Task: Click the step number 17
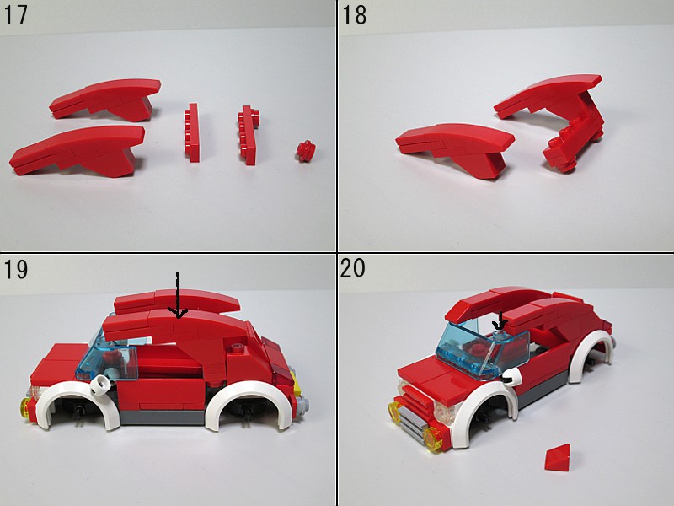[15, 14]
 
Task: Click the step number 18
[354, 14]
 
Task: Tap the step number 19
[15, 268]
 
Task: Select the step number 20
[352, 267]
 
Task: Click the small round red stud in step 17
[306, 151]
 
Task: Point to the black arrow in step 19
[178, 296]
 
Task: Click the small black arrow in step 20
[500, 321]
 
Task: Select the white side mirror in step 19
[101, 384]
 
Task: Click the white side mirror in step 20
[511, 377]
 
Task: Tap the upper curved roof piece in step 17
[105, 98]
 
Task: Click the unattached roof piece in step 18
[456, 148]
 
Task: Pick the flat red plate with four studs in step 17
[193, 132]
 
